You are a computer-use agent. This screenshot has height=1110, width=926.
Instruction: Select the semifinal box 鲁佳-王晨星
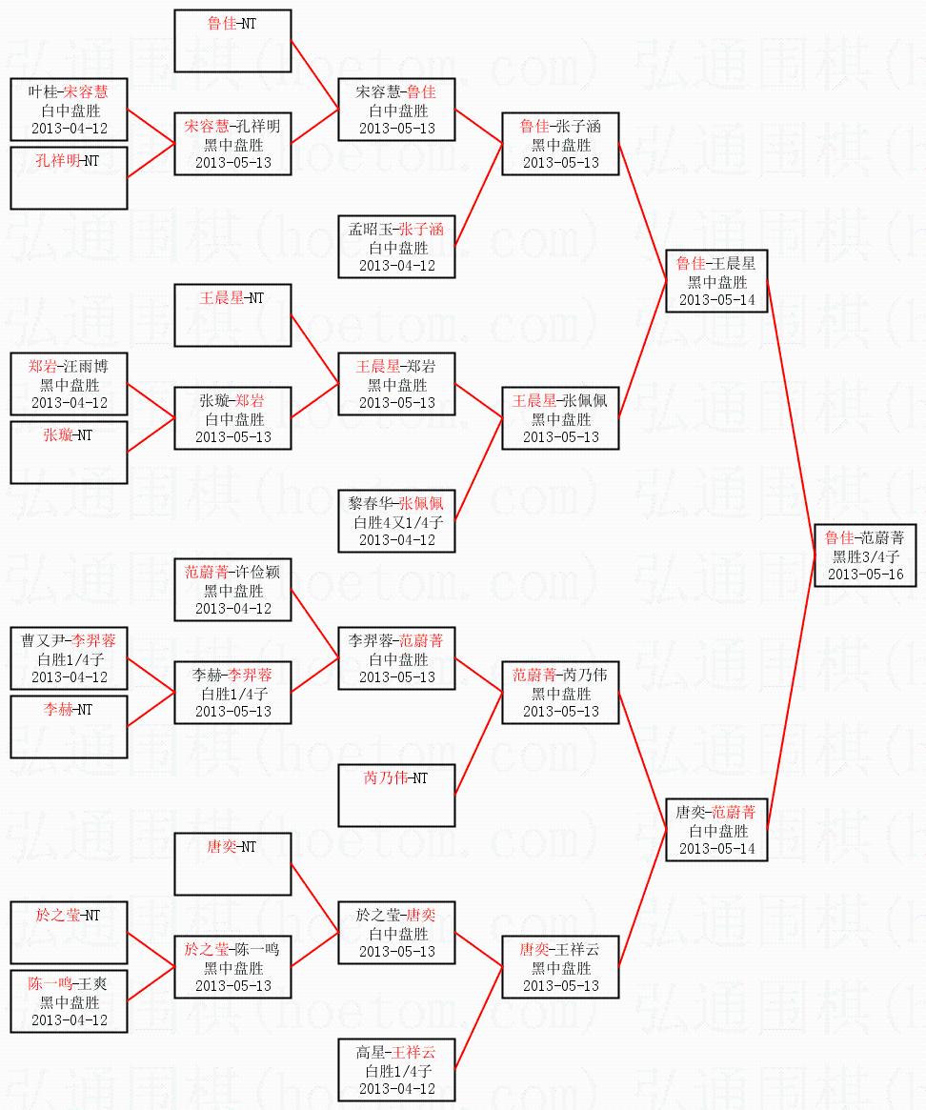pyautogui.click(x=715, y=281)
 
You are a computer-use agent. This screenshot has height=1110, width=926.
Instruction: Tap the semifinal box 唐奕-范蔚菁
pyautogui.click(x=715, y=830)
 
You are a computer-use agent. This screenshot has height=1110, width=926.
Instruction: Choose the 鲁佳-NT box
pyautogui.click(x=232, y=41)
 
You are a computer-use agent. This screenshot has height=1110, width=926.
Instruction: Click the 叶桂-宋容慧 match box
pyautogui.click(x=69, y=110)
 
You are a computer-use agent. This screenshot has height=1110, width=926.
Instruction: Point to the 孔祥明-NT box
pyautogui.click(x=69, y=178)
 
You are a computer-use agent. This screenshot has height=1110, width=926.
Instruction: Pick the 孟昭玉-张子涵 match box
pyautogui.click(x=396, y=247)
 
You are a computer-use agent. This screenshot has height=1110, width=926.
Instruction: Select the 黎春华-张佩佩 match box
pyautogui.click(x=396, y=521)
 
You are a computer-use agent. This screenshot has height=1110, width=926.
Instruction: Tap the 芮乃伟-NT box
pyautogui.click(x=396, y=796)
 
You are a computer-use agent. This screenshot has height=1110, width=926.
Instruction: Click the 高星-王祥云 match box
pyautogui.click(x=396, y=1070)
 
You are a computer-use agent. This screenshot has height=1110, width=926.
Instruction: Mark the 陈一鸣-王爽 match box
pyautogui.click(x=69, y=1001)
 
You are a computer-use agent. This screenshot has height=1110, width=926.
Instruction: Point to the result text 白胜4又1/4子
pyautogui.click(x=396, y=522)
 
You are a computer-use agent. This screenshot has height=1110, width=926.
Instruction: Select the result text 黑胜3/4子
pyautogui.click(x=865, y=556)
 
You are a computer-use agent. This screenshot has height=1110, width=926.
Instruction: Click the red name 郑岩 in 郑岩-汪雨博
pyautogui.click(x=42, y=367)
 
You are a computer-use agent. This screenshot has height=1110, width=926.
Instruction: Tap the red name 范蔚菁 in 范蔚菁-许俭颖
pyautogui.click(x=207, y=573)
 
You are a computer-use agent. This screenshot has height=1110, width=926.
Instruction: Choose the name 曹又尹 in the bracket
pyautogui.click(x=45, y=641)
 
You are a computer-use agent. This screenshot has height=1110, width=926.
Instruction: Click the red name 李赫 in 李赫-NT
pyautogui.click(x=57, y=710)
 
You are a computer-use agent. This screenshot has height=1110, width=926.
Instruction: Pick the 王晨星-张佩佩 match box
pyautogui.click(x=560, y=418)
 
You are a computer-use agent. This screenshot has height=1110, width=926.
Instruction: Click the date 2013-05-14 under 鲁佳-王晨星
pyautogui.click(x=715, y=299)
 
